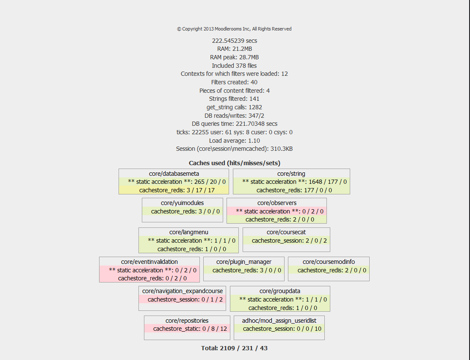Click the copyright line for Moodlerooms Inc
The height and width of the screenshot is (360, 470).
click(234, 29)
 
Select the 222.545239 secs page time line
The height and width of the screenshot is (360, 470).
click(235, 41)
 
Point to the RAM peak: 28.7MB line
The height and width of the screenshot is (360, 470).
click(235, 57)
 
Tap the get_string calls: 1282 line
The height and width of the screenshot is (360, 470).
click(235, 107)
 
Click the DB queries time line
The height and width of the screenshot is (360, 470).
click(235, 124)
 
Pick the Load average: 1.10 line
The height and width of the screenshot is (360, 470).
click(235, 141)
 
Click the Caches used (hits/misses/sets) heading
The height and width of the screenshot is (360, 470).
click(235, 163)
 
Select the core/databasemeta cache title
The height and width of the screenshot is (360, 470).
click(174, 174)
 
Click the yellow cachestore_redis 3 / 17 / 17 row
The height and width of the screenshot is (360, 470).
click(174, 190)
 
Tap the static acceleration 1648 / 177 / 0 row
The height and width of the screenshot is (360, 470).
click(291, 182)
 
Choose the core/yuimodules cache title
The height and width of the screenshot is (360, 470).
click(182, 203)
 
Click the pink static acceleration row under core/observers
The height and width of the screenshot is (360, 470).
click(276, 211)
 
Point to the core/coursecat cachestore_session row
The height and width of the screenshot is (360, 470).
click(286, 241)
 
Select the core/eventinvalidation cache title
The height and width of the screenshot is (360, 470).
click(149, 262)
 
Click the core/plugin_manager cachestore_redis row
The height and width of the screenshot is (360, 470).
click(244, 270)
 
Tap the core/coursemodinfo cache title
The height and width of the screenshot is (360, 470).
click(329, 262)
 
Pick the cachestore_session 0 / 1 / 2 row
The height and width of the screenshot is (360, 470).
click(182, 299)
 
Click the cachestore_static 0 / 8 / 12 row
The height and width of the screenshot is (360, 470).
click(187, 329)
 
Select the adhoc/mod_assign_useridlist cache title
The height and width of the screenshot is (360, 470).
click(279, 321)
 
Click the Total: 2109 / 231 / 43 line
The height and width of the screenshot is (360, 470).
click(235, 348)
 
